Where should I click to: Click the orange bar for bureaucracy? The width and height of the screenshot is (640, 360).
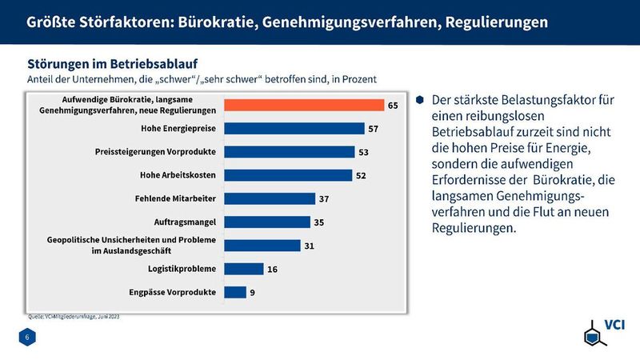point(305,105)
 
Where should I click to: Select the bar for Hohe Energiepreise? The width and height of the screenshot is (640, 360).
point(294,128)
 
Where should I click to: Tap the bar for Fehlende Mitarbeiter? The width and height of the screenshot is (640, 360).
point(270,198)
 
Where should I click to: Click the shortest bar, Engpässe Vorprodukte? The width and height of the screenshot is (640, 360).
point(235,292)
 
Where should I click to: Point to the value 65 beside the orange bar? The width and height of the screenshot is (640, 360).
point(393,105)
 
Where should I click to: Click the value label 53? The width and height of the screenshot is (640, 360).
point(362,152)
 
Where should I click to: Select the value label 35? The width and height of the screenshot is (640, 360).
point(318,222)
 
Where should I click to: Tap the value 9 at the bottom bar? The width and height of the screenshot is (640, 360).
point(253,293)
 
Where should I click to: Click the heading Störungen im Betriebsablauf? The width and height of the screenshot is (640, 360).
point(113,62)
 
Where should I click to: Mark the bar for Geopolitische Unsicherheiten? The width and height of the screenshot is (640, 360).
point(262,246)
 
